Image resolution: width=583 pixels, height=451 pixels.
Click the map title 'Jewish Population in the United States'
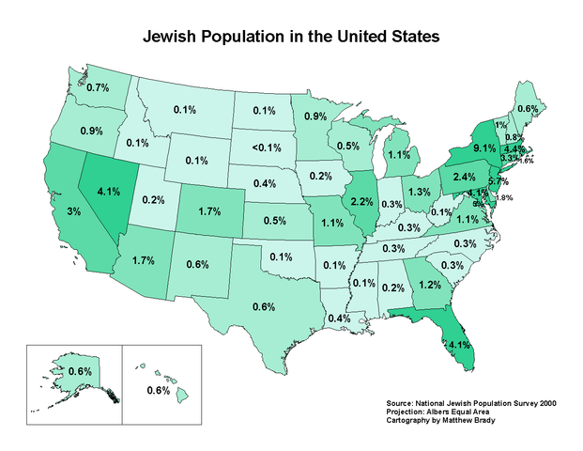(x=290, y=39)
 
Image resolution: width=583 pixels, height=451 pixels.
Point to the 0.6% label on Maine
(x=528, y=109)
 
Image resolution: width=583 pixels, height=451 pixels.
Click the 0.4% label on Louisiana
(x=339, y=318)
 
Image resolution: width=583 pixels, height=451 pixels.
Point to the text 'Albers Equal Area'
(x=461, y=410)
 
